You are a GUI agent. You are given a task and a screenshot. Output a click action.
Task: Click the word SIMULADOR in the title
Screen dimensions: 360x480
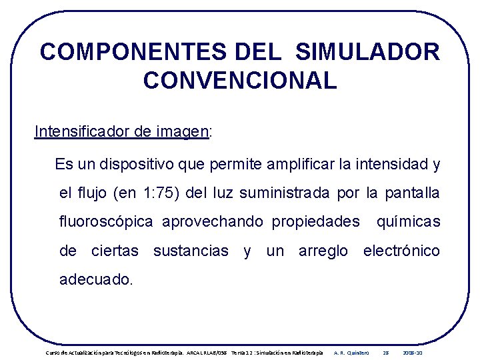coord(367,52)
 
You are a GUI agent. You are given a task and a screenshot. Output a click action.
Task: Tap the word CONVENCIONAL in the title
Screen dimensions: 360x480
coord(240,81)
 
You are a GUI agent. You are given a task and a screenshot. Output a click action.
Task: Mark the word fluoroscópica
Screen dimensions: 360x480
coord(106,222)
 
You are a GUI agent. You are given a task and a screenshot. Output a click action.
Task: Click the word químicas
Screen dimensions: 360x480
coord(408,222)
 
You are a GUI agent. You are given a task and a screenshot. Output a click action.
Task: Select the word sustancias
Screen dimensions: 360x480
coord(191,251)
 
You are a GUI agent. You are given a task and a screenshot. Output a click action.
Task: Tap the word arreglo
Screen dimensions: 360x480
coord(323,251)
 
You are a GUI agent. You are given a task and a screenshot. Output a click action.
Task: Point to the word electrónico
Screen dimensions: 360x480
coord(401,251)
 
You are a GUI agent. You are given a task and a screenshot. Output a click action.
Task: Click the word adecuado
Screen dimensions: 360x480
coord(96,280)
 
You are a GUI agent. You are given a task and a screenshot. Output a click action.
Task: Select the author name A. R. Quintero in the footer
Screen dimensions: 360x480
coord(351,352)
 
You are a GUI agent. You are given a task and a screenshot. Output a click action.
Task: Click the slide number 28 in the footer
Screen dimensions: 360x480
coord(385,352)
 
